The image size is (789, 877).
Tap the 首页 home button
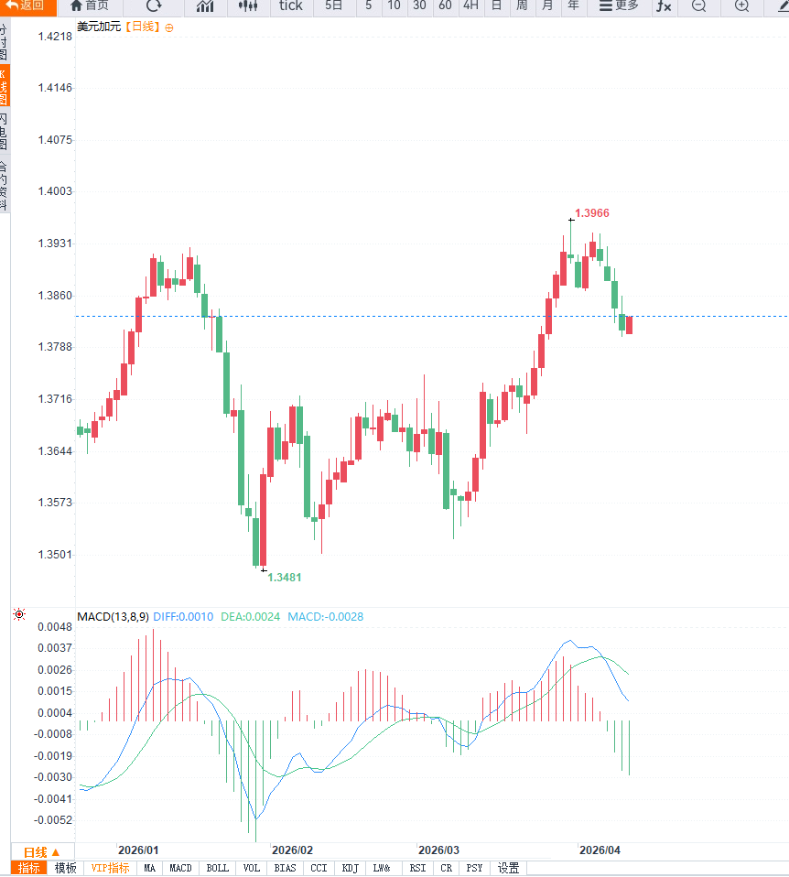click(x=90, y=5)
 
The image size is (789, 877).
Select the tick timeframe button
click(x=290, y=5)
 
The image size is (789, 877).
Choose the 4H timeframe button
click(x=470, y=5)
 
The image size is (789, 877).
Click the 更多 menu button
click(x=619, y=5)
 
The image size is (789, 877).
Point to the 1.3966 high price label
click(x=591, y=213)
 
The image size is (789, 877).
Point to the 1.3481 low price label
click(x=284, y=578)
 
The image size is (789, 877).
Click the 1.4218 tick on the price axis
click(x=55, y=37)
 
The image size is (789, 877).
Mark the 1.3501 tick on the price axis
click(x=55, y=555)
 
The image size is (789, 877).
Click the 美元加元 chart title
click(x=98, y=27)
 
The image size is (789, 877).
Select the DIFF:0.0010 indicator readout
click(x=183, y=617)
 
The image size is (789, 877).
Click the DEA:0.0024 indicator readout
click(x=250, y=617)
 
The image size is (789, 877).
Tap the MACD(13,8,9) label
click(x=113, y=617)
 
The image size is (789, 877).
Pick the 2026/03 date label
click(x=438, y=850)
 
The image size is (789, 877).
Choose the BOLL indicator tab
click(x=218, y=868)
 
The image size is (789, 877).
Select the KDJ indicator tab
click(x=350, y=868)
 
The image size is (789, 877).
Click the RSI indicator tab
click(x=417, y=868)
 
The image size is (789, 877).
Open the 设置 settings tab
click(x=508, y=868)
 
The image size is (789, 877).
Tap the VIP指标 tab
click(x=110, y=868)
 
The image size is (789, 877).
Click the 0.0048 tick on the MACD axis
click(x=55, y=627)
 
